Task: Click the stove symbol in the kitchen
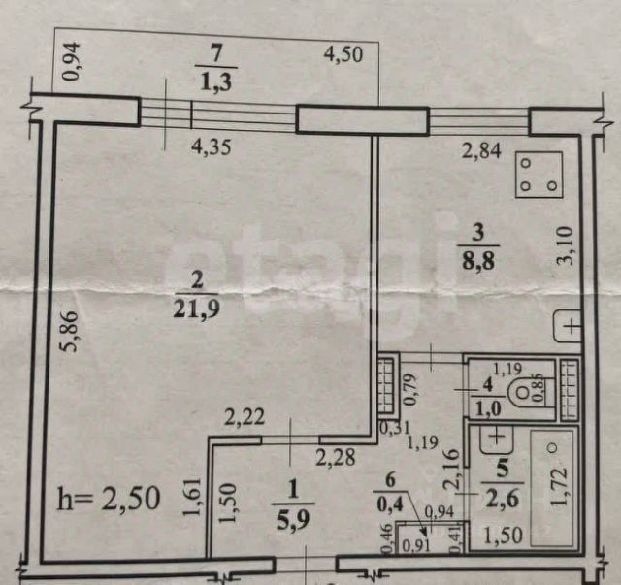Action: [x=539, y=175]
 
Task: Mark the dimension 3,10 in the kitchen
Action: [x=573, y=243]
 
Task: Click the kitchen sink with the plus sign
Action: [x=570, y=326]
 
